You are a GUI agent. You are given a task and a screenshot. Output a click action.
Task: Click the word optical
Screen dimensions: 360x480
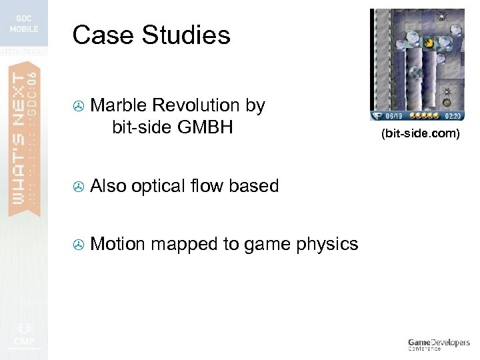(x=157, y=186)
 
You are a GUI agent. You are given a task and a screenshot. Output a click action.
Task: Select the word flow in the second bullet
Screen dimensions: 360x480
(x=209, y=185)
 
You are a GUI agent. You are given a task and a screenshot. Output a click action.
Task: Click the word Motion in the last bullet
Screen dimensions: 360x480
(x=117, y=244)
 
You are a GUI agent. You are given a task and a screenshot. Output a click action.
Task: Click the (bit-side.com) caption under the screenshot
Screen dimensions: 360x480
(x=420, y=134)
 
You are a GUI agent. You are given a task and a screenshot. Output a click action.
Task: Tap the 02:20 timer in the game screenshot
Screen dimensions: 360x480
(x=453, y=115)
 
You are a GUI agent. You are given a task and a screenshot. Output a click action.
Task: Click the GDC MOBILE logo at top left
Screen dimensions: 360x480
(x=24, y=24)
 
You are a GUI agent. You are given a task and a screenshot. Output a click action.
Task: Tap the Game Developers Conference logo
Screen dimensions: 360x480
(x=438, y=344)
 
